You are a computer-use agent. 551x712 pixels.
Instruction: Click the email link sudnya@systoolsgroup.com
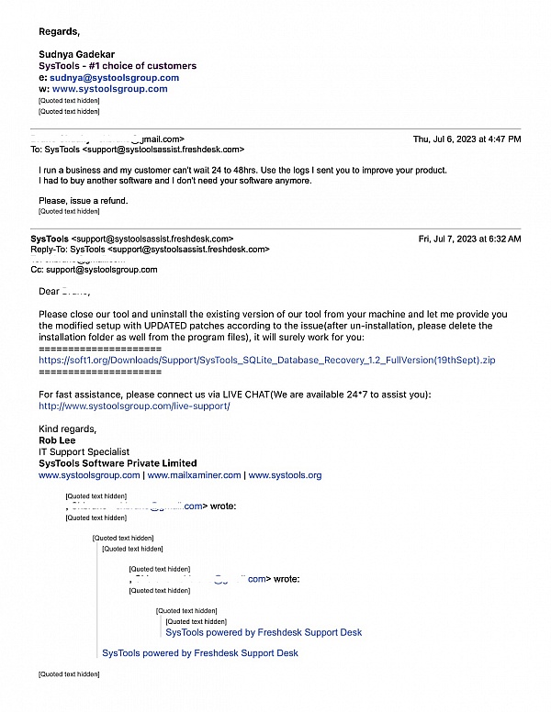114,78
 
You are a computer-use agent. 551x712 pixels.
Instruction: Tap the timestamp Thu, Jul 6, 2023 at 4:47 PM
467,139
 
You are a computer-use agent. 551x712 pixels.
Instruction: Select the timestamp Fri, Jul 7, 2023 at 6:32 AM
469,239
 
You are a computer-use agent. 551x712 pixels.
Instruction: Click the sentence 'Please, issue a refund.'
84,200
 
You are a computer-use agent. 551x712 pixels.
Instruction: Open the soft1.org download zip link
266,361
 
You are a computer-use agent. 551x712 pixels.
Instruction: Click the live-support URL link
134,406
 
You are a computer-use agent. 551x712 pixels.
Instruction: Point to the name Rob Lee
58,440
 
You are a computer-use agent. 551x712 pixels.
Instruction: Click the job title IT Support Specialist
84,451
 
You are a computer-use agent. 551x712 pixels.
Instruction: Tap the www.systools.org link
285,475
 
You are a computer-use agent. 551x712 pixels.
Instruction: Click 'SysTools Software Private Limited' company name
118,463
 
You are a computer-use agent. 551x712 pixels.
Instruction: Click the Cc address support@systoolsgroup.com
100,270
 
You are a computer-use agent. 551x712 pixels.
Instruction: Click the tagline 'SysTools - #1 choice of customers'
117,66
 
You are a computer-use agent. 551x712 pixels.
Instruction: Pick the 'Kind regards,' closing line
67,428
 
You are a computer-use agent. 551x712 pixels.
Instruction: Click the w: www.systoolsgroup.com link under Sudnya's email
109,89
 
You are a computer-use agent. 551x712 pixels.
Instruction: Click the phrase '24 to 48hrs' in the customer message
263,171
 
